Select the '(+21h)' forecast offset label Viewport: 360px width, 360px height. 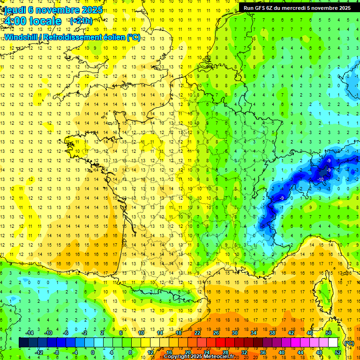click(81, 21)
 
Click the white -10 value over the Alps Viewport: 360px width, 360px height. click(321, 180)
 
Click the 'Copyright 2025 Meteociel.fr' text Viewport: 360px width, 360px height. click(199, 357)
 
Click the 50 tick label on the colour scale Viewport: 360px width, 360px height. click(329, 332)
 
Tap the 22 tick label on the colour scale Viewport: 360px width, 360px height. click(197, 332)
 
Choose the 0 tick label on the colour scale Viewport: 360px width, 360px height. click(93, 352)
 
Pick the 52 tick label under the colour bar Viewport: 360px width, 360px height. click(338, 352)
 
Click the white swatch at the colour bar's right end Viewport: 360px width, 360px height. click(333, 343)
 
